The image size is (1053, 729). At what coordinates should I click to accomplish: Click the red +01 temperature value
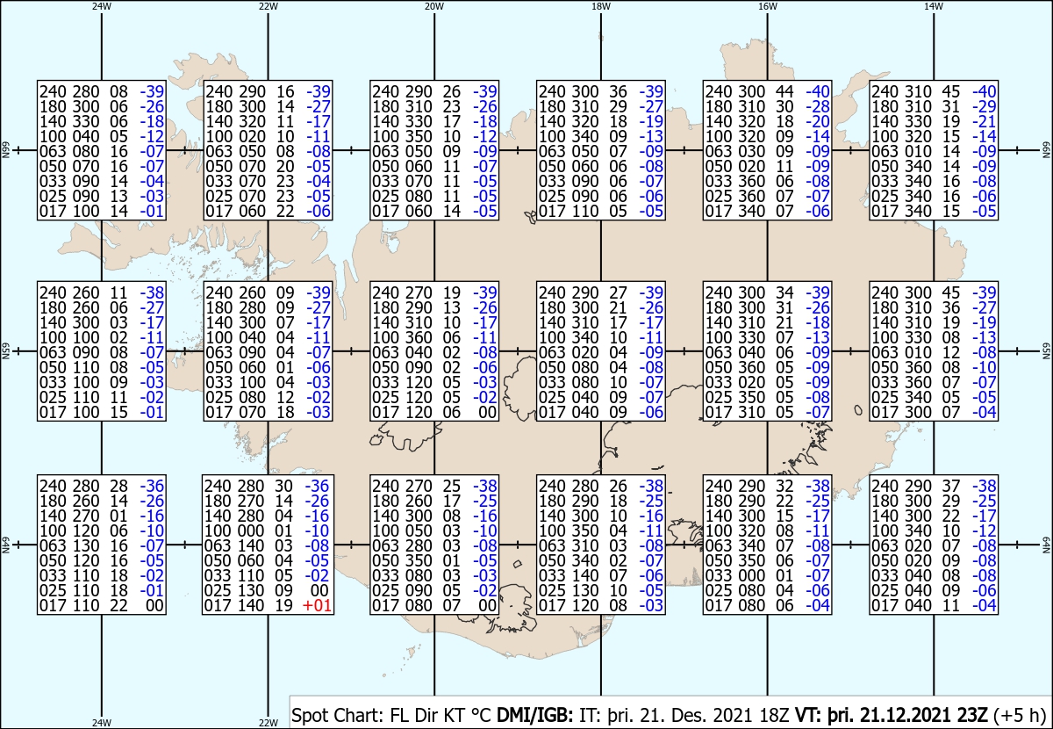click(x=318, y=605)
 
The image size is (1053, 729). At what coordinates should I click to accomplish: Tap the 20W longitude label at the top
click(x=434, y=7)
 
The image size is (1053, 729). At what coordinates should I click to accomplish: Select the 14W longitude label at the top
click(x=934, y=7)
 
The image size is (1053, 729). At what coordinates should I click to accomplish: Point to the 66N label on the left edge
click(x=5, y=150)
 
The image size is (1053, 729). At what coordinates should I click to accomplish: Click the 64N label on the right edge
click(x=1046, y=545)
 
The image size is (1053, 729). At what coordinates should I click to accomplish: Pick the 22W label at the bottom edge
click(x=268, y=723)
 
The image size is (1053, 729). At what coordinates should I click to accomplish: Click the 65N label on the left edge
click(x=5, y=351)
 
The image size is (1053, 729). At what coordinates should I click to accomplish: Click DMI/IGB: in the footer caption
click(x=535, y=715)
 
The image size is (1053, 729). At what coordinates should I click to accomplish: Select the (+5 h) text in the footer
click(x=1020, y=715)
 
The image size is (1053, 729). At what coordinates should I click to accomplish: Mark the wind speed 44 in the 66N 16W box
click(x=784, y=91)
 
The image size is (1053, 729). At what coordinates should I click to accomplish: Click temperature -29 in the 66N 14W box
click(x=984, y=106)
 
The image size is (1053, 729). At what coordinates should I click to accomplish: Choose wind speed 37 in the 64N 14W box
click(x=951, y=486)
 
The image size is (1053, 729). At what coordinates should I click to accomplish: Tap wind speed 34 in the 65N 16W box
click(x=784, y=292)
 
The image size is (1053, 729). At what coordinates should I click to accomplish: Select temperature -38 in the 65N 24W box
click(x=152, y=292)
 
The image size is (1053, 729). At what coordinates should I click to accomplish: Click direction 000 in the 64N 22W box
click(x=250, y=531)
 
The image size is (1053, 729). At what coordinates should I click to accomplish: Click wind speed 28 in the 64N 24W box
click(x=119, y=486)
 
